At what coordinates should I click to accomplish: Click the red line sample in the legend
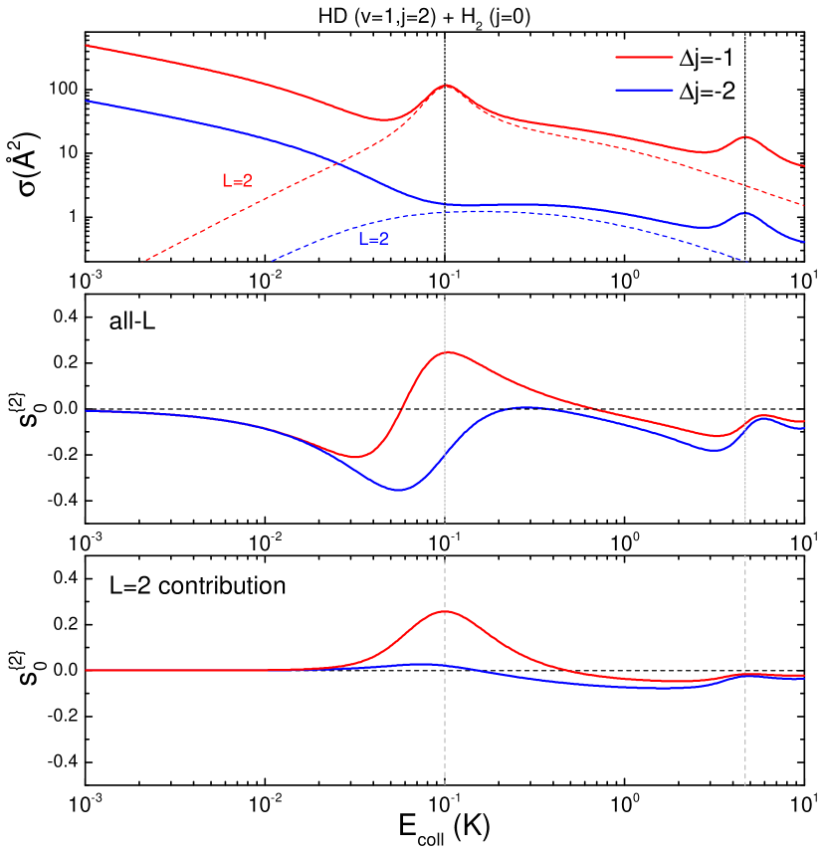tap(644, 58)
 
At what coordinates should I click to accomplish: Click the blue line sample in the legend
tap(644, 90)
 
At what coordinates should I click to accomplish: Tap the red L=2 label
tap(237, 181)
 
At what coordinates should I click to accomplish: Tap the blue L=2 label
tap(373, 239)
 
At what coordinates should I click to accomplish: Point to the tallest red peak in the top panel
tap(446, 86)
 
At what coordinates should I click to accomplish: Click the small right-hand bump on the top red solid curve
tap(745, 136)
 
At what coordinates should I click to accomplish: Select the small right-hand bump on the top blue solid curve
tap(745, 213)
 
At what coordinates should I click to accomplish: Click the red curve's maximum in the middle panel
tap(449, 351)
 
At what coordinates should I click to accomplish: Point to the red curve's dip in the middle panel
tap(354, 458)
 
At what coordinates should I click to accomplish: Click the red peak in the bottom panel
tap(445, 611)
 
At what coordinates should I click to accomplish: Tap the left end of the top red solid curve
tap(87, 45)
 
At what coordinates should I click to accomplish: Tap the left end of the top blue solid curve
tap(87, 101)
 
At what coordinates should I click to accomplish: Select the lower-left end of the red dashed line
tap(146, 261)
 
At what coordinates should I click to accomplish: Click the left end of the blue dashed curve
tap(272, 261)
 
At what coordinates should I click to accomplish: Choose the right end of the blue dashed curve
tap(745, 261)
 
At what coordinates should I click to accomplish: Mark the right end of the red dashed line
tap(804, 205)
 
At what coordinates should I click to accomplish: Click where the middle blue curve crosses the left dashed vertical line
tap(445, 453)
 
